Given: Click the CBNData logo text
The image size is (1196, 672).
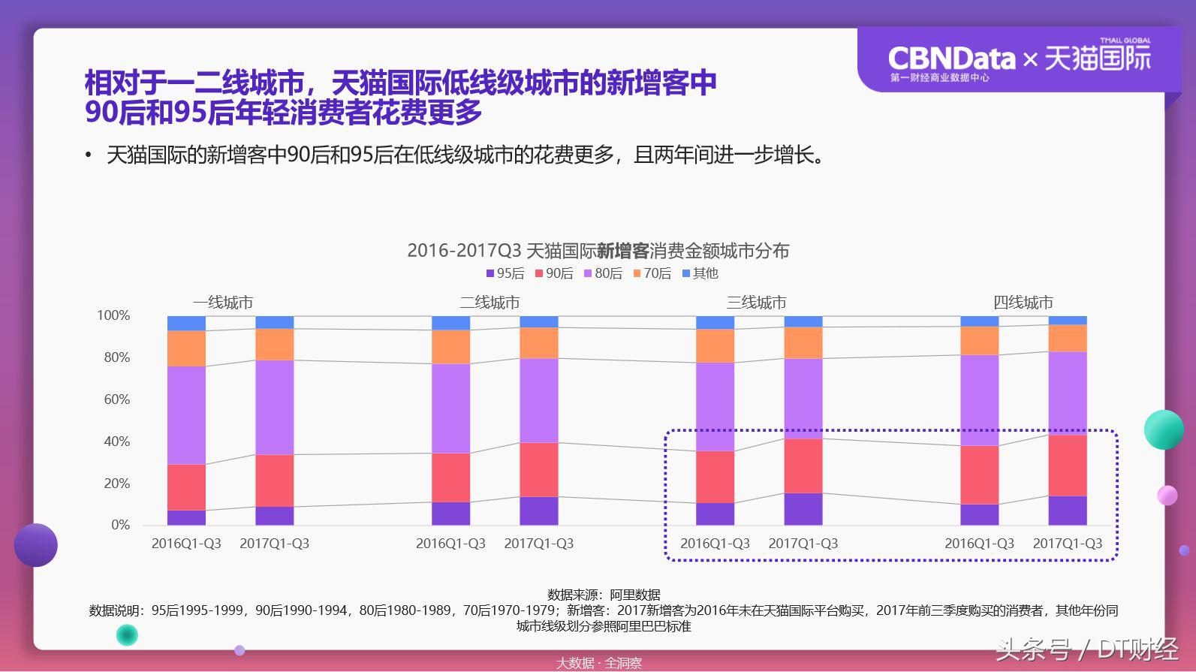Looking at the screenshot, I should coord(950,59).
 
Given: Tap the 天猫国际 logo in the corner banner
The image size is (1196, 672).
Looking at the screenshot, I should coord(1098,58).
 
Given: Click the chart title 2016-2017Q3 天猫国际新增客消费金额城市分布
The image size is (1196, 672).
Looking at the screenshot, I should coord(598,251).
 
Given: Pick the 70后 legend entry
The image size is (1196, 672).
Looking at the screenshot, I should coord(652,274).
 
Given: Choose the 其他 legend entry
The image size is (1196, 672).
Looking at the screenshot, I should coord(700,274).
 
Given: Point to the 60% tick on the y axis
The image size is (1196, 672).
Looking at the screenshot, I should coord(116,399).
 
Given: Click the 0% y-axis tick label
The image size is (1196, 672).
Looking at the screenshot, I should coord(120,525).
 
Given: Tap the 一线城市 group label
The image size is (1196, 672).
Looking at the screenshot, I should coord(223,303).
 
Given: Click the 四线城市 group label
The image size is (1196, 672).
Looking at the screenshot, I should coord(1023,303).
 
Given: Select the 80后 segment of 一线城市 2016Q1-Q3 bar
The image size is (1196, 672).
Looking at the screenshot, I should coord(186,415).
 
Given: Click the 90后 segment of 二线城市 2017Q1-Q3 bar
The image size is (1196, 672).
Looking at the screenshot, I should coord(538,469).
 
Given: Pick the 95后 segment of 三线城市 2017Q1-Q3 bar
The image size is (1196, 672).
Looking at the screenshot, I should coord(803,509).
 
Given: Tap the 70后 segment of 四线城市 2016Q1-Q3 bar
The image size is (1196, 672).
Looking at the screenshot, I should coord(979,340).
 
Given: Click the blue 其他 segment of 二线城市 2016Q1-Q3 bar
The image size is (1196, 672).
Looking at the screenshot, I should coord(450,323).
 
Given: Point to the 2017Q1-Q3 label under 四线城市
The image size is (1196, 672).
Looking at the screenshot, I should coord(1067,544).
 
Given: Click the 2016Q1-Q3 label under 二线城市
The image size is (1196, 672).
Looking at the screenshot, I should coord(450,544).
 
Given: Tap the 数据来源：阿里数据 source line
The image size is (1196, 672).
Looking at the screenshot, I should coord(604,595).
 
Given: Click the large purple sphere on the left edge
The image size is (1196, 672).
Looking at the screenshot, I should coord(35,545).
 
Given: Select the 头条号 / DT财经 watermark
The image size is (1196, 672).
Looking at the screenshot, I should coord(1086,649).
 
